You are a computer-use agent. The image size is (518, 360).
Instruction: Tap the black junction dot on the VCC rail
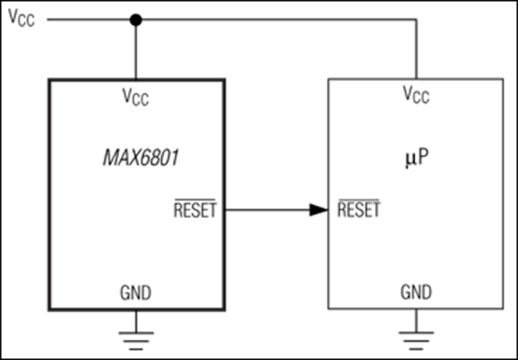pyautogui.click(x=135, y=20)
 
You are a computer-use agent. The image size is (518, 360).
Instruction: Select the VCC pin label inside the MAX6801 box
pyautogui.click(x=135, y=96)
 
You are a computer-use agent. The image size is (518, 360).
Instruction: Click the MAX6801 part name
pyautogui.click(x=136, y=156)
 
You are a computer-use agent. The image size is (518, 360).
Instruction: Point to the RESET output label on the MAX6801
pyautogui.click(x=195, y=211)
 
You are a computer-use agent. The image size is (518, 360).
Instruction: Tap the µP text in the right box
pyautogui.click(x=416, y=157)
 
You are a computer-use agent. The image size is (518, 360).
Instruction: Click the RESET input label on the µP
pyautogui.click(x=358, y=210)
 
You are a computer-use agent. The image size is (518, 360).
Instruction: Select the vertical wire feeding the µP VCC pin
pyautogui.click(x=416, y=50)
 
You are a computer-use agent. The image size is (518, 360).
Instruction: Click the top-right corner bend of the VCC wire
pyautogui.click(x=416, y=20)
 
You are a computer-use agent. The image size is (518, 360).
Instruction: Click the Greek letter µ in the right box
pyautogui.click(x=409, y=158)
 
